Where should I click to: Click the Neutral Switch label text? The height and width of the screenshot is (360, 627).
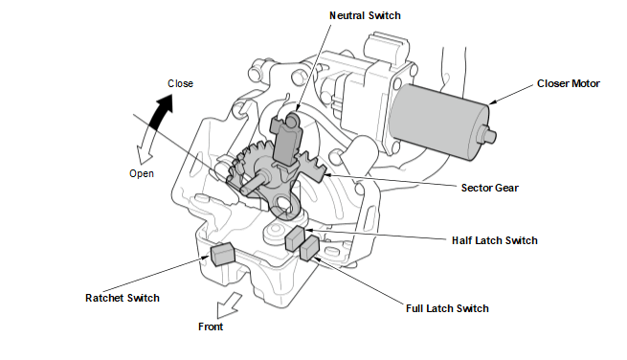[x=365, y=15]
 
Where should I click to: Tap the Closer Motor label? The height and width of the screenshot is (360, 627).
[x=569, y=83]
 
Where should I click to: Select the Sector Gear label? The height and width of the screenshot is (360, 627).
[x=489, y=188]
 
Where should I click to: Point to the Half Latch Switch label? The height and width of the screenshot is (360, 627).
[x=495, y=240]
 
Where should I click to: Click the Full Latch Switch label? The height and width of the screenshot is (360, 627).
[x=447, y=308]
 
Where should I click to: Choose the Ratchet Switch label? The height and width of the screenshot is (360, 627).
[x=123, y=298]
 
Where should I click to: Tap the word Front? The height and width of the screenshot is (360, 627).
[x=211, y=326]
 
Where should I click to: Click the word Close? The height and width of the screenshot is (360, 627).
[x=180, y=83]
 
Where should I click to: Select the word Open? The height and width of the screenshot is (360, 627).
[x=142, y=173]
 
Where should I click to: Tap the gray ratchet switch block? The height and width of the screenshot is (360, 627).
[x=223, y=254]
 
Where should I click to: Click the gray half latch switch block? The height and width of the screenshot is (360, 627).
[x=295, y=238]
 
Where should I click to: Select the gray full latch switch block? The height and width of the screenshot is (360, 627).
[x=309, y=248]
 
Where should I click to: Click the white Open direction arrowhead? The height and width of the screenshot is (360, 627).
[x=145, y=154]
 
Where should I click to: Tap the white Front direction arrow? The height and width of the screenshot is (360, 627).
[x=228, y=306]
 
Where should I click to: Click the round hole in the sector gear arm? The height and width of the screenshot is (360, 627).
[x=283, y=202]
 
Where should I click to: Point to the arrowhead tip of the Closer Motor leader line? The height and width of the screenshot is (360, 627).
[x=489, y=104]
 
